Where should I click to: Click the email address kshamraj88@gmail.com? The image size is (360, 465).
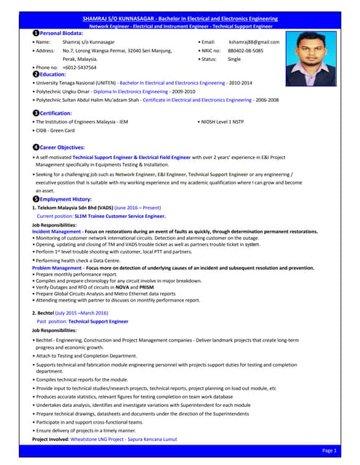click(x=254, y=42)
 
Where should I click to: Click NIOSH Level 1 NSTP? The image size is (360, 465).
click(x=228, y=122)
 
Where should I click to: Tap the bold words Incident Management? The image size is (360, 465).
click(x=56, y=231)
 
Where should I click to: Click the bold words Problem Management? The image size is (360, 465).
click(x=56, y=267)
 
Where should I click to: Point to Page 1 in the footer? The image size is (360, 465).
click(x=329, y=451)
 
